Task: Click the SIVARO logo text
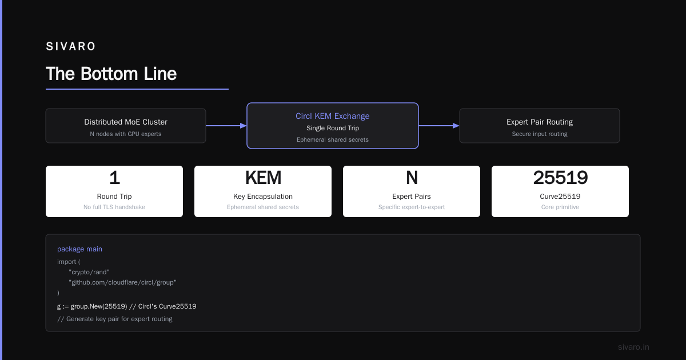pos(70,46)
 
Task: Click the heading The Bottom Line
pos(111,74)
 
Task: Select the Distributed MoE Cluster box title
pos(126,122)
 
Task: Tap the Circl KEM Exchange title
pos(332,116)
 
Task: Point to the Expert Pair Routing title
pos(539,122)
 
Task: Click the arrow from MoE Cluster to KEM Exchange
pos(226,126)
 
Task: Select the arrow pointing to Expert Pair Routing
pos(439,126)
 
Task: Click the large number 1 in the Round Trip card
pos(114,178)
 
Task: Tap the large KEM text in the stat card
pos(263,178)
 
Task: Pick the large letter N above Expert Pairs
pos(412,178)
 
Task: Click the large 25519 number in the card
pos(560,178)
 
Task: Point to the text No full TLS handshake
pos(114,207)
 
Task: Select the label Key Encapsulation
pos(263,196)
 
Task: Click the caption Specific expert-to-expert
pos(411,207)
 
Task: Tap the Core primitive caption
pos(560,207)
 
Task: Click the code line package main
pos(79,249)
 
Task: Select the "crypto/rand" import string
pos(89,272)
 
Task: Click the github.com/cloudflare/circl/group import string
pos(122,282)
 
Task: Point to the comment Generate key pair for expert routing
pos(114,319)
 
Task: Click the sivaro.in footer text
pos(633,347)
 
